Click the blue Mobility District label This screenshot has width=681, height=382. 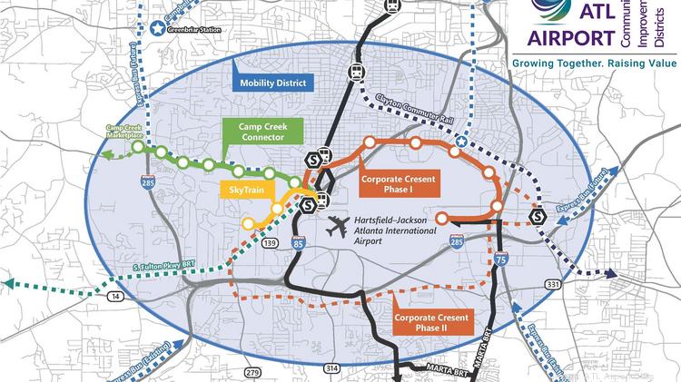(274, 83)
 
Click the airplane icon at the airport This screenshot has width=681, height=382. (339, 223)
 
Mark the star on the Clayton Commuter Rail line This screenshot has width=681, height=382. (461, 142)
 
